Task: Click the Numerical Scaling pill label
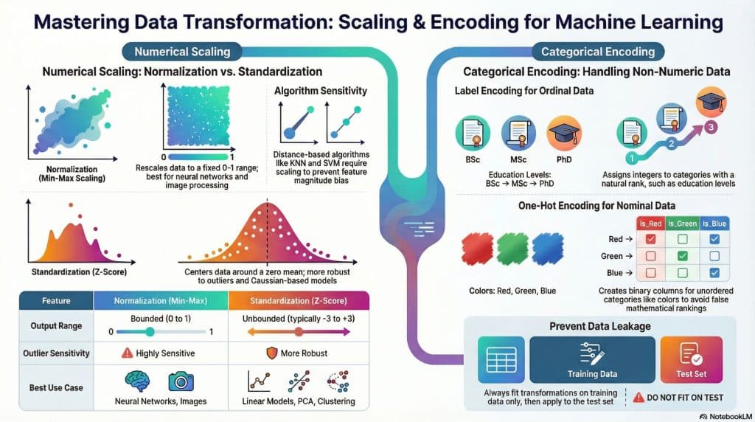pos(181,52)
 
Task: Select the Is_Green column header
pos(681,222)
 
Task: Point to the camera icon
pos(180,381)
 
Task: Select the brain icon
pos(139,381)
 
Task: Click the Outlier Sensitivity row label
pos(49,353)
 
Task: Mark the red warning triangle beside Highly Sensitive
pos(127,353)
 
